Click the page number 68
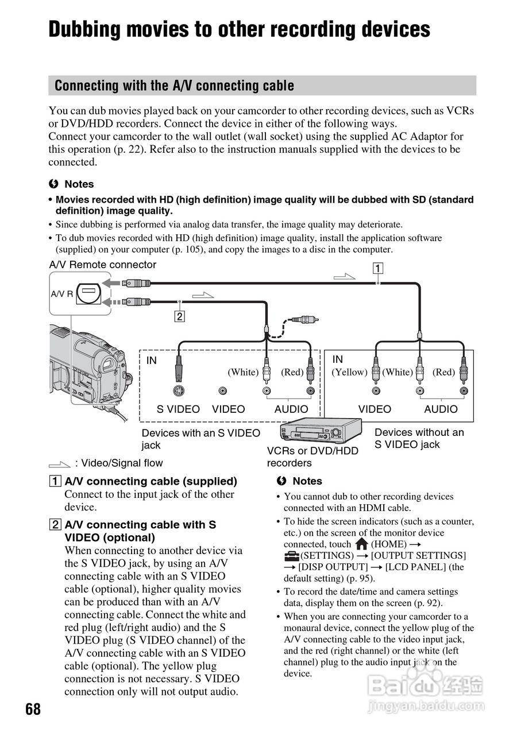click(33, 709)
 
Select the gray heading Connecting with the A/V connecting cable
click(174, 86)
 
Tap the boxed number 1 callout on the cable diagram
click(377, 268)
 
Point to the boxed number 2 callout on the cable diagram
click(180, 316)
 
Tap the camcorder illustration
click(89, 367)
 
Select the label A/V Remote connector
click(103, 265)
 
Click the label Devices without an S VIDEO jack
click(419, 438)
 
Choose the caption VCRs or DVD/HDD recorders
click(312, 457)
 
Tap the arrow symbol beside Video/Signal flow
click(60, 463)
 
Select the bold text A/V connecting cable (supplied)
click(151, 481)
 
